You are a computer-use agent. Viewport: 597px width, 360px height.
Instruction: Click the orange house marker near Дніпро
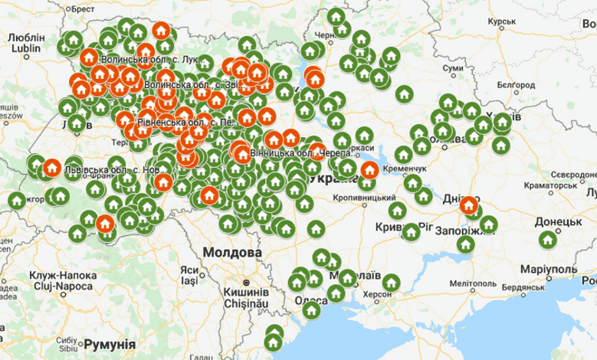[x=468, y=205]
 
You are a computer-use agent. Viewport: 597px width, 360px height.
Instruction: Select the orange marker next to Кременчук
[x=369, y=170]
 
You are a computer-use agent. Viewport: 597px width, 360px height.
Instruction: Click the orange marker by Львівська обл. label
[x=51, y=167]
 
